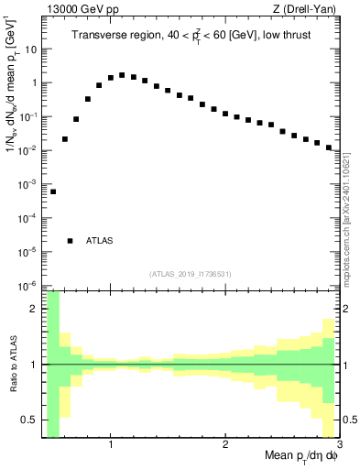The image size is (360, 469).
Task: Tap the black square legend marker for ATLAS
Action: click(71, 241)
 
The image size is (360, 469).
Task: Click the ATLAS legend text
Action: click(100, 241)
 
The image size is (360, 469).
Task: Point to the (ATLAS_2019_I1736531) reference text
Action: click(191, 274)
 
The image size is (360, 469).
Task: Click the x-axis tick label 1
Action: click(111, 445)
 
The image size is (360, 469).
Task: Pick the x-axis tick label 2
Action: click(225, 445)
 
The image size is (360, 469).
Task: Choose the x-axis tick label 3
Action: click(338, 445)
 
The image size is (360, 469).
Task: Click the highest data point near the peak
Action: click(122, 75)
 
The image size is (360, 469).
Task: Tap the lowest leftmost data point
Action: click(53, 191)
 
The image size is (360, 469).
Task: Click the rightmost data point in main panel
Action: click(328, 147)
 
